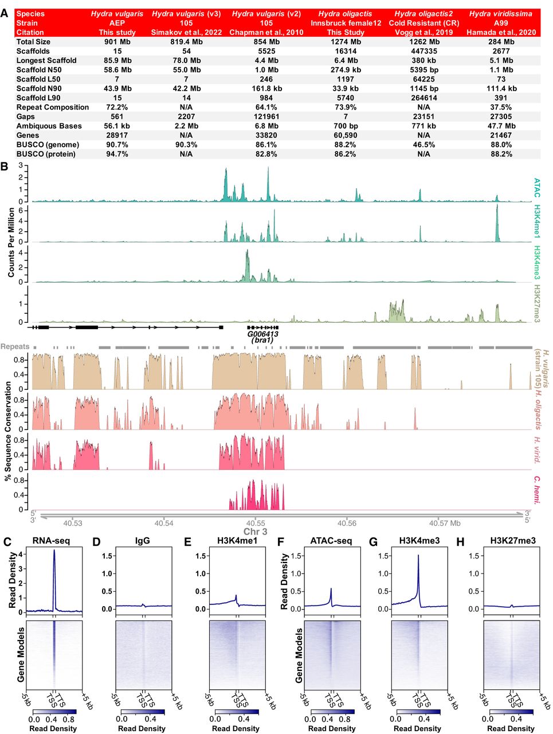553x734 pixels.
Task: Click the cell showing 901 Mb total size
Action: click(117, 42)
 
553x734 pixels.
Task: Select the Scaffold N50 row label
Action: click(39, 70)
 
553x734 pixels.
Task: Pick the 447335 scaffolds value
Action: click(423, 51)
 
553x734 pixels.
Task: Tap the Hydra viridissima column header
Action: click(500, 14)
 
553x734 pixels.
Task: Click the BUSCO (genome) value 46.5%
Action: click(423, 145)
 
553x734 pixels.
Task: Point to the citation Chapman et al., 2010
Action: click(266, 32)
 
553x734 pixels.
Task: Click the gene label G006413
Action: click(262, 334)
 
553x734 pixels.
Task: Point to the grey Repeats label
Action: click(15, 347)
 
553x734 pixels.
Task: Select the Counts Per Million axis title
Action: click(11, 243)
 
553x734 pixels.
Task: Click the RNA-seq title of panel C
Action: click(52, 540)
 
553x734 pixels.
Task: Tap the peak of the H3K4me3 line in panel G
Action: click(418, 556)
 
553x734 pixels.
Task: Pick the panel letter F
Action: click(280, 541)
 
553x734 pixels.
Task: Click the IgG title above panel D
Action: click(142, 540)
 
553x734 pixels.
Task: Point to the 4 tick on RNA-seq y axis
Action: click(21, 555)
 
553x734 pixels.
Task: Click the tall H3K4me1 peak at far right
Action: click(497, 206)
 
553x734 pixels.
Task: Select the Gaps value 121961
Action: click(266, 116)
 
